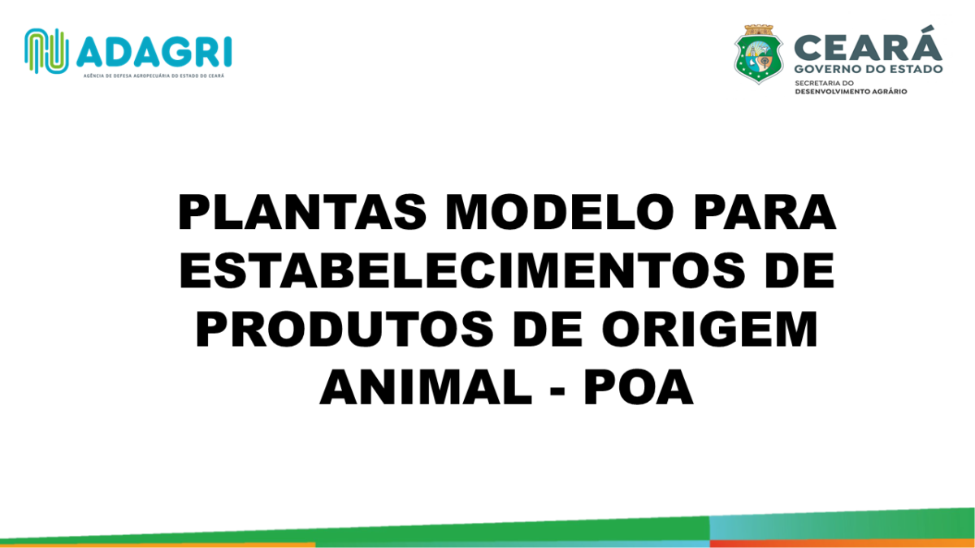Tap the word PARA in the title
pyautogui.click(x=765, y=212)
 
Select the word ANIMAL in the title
pyautogui.click(x=426, y=386)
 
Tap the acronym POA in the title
pyautogui.click(x=639, y=386)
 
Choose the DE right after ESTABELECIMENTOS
pyautogui.click(x=800, y=270)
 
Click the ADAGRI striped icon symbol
pyautogui.click(x=46, y=51)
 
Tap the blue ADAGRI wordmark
pyautogui.click(x=154, y=52)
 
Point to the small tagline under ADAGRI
pyautogui.click(x=154, y=76)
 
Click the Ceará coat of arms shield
pyautogui.click(x=759, y=54)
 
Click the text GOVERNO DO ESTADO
pyautogui.click(x=869, y=69)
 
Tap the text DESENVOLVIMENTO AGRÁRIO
pyautogui.click(x=851, y=92)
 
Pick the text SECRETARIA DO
pyautogui.click(x=825, y=83)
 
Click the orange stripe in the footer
pyautogui.click(x=158, y=545)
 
